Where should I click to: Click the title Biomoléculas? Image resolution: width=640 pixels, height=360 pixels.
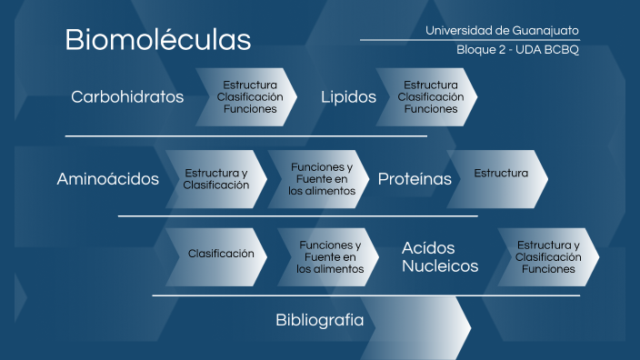[157, 40]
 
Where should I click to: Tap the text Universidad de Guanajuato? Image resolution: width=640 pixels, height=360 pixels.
[502, 31]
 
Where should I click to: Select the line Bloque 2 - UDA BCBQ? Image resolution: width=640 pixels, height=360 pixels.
[517, 50]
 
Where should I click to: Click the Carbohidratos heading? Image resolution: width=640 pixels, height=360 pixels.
[127, 96]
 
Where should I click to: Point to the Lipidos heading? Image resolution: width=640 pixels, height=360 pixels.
[348, 96]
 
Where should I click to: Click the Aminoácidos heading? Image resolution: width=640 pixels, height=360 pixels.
[107, 179]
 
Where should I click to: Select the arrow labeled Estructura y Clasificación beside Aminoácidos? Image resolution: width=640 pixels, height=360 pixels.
[215, 179]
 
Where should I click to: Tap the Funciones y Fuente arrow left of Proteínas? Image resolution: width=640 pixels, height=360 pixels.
[319, 179]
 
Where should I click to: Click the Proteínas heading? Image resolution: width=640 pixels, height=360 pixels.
[415, 179]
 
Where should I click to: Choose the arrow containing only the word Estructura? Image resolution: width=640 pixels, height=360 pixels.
[498, 174]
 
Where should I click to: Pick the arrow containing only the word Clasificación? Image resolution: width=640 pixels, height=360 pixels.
[218, 255]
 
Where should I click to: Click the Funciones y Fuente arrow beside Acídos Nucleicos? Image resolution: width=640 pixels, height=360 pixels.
[327, 257]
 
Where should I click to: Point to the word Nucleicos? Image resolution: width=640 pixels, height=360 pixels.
[440, 266]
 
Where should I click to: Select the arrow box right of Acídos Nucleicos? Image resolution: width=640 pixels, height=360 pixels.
[547, 257]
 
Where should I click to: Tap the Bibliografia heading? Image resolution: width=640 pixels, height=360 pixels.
[319, 320]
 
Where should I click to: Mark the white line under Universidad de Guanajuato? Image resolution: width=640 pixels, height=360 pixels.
[469, 40]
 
